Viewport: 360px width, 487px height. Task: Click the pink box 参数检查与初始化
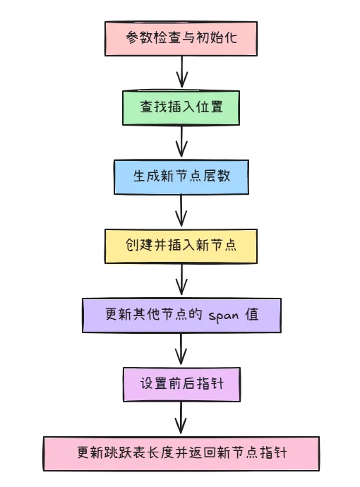point(181,39)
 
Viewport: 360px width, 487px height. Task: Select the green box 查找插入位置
point(181,108)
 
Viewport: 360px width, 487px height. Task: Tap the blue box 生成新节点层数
point(181,177)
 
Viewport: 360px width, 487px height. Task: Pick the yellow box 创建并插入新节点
point(181,246)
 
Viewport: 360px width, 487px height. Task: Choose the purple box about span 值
point(181,315)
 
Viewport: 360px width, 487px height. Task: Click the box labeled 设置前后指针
point(181,385)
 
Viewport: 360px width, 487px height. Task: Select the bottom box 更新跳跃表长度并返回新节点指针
point(181,454)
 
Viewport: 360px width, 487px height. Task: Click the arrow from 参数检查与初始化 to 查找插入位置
point(181,72)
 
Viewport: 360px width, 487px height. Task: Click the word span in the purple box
point(224,315)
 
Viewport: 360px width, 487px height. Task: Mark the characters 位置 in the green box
point(210,107)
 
